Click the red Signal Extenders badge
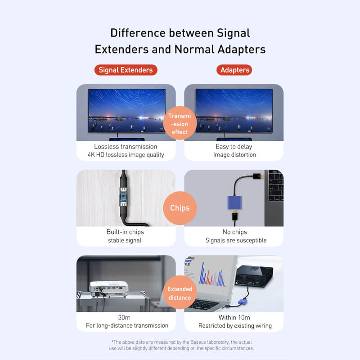click(x=126, y=70)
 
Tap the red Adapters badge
click(x=234, y=70)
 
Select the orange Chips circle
click(x=180, y=208)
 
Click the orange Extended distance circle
click(x=180, y=292)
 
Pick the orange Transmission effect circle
click(x=180, y=123)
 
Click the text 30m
click(x=124, y=318)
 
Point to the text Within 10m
click(x=234, y=318)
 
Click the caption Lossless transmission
click(x=126, y=147)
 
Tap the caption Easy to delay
click(x=234, y=147)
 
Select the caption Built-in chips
click(x=125, y=232)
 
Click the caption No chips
click(x=234, y=232)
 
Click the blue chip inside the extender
click(x=123, y=197)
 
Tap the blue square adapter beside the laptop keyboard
click(x=234, y=202)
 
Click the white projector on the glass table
click(x=108, y=289)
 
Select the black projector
click(x=254, y=276)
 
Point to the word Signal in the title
click(x=233, y=33)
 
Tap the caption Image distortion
click(x=234, y=155)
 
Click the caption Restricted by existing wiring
click(x=235, y=326)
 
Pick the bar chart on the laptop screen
click(x=212, y=274)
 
